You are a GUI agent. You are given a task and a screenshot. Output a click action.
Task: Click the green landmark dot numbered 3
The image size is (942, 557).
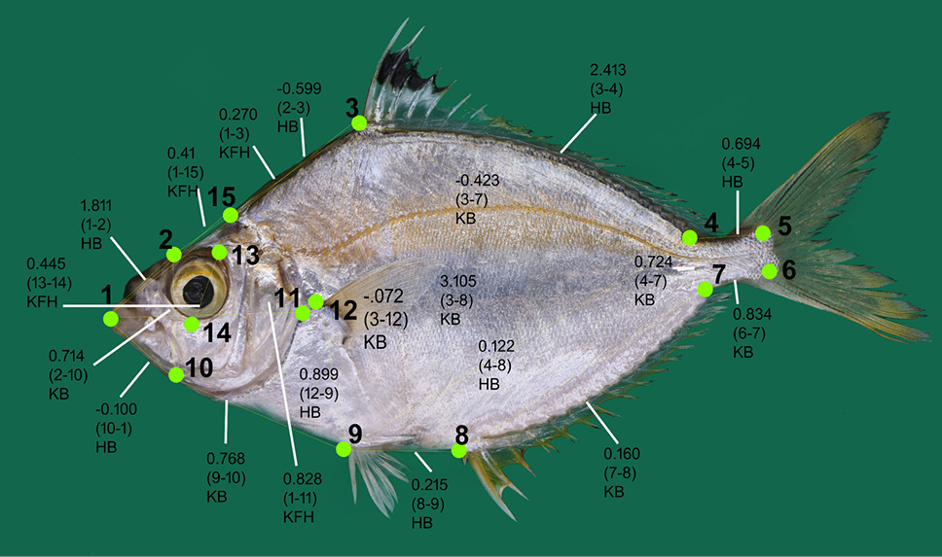(359, 123)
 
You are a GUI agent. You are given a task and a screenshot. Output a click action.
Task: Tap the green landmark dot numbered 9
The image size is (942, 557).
(344, 449)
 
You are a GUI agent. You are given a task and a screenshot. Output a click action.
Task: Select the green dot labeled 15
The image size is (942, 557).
(231, 215)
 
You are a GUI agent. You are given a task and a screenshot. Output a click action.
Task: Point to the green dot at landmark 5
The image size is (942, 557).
(763, 233)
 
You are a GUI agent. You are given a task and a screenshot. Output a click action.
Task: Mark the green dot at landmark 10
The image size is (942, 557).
(176, 374)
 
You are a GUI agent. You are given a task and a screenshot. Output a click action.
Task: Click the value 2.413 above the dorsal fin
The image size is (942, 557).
(608, 70)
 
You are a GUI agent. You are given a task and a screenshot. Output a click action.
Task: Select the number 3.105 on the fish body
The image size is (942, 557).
(458, 281)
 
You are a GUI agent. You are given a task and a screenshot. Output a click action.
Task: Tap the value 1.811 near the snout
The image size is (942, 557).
(96, 205)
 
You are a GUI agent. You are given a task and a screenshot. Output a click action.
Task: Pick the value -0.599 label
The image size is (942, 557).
(299, 88)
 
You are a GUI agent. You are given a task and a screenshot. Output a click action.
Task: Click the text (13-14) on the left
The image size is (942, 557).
(50, 283)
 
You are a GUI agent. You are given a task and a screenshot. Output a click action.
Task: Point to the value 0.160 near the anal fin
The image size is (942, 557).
(622, 454)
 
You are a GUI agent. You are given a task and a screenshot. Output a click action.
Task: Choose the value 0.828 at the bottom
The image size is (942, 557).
(303, 479)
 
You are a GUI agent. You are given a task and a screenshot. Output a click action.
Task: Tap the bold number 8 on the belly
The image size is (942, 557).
(461, 434)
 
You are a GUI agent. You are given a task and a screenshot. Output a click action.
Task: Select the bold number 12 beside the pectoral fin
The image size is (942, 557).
(344, 310)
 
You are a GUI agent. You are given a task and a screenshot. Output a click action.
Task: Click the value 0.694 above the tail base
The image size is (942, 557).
(741, 144)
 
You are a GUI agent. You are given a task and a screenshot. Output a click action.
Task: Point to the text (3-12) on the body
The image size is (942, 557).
(385, 319)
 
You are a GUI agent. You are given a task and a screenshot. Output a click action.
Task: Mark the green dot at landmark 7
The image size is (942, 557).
(706, 290)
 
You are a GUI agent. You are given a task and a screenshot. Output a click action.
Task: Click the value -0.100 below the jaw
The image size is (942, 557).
(116, 409)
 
